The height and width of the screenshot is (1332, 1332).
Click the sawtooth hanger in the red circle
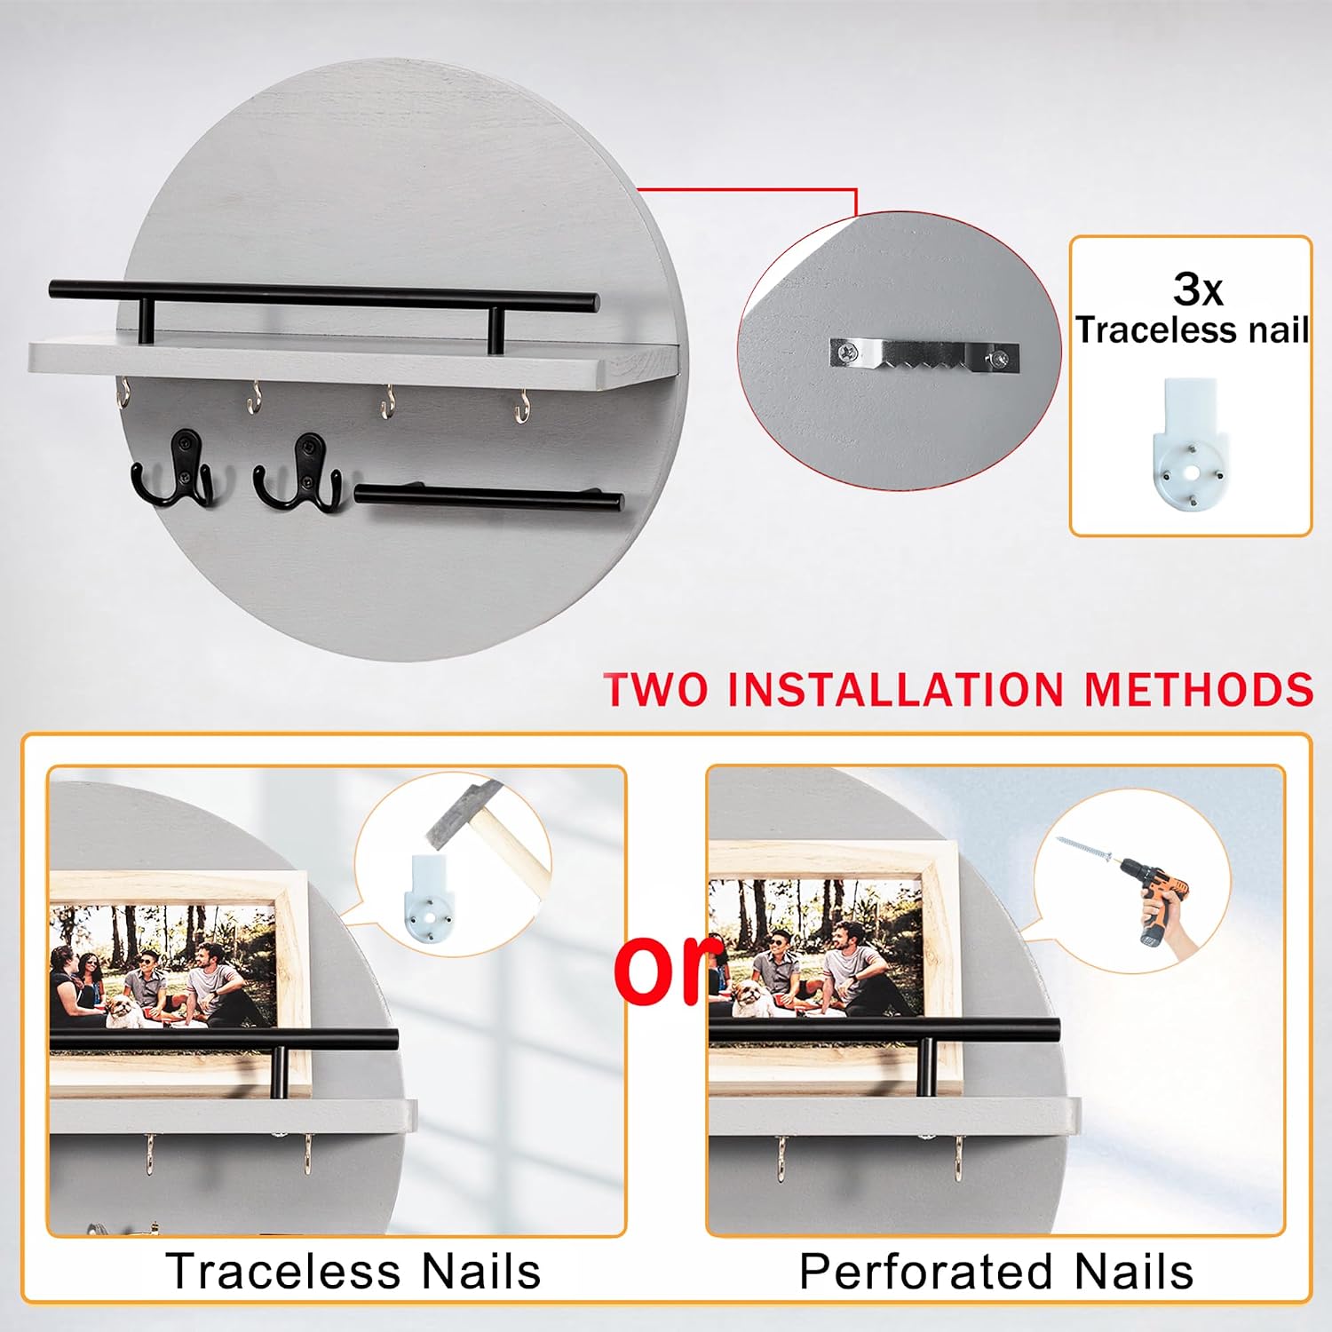[924, 355]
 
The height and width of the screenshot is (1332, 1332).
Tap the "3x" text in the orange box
[1198, 289]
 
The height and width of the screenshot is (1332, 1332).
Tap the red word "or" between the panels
[668, 970]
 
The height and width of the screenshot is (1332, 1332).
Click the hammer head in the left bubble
[464, 813]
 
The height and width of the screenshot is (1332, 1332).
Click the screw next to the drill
[1084, 848]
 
